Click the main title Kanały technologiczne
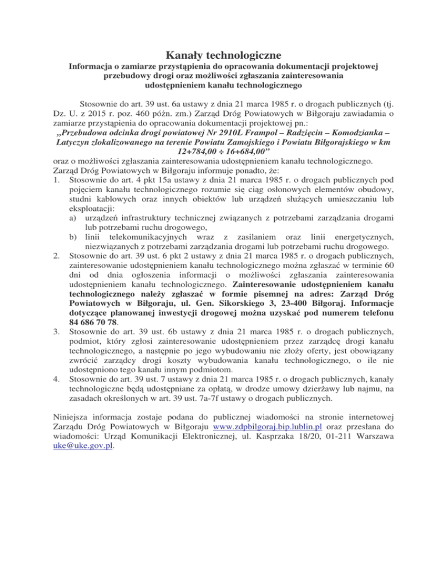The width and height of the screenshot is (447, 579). point(223,55)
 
